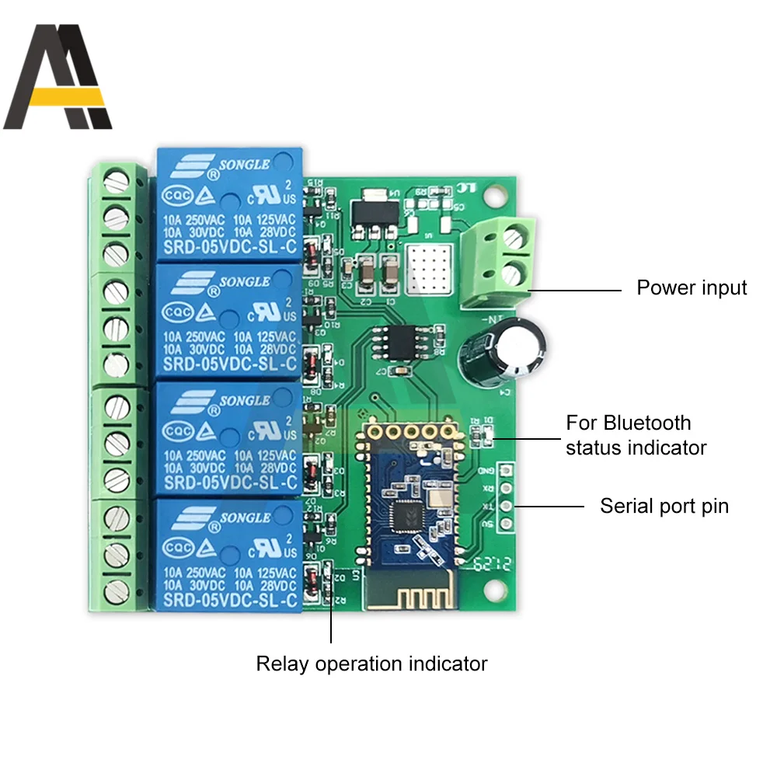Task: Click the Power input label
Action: (x=692, y=288)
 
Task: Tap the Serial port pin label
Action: (x=664, y=507)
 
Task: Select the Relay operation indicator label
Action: (x=371, y=664)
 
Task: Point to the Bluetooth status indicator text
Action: (x=636, y=435)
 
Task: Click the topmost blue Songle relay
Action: (x=228, y=204)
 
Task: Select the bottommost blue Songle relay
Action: (x=228, y=554)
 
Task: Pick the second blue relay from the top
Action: (x=228, y=319)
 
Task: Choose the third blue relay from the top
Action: (x=228, y=437)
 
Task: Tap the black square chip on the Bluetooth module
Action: (x=406, y=514)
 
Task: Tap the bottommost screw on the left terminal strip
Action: (x=117, y=587)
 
